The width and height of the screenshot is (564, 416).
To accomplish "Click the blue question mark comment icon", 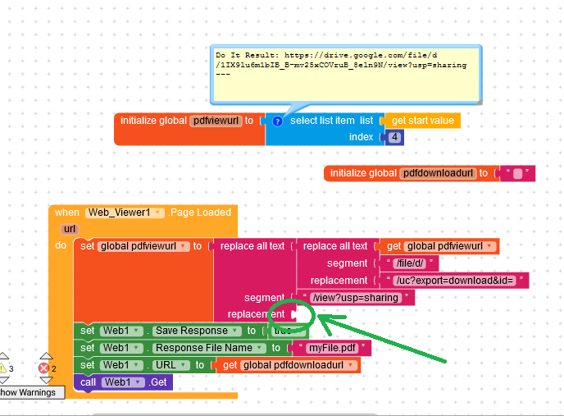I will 277,121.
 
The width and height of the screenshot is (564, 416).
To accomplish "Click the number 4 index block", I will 395,137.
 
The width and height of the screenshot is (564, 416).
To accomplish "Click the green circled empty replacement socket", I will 296,314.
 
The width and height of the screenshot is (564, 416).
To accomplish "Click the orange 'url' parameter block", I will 69,229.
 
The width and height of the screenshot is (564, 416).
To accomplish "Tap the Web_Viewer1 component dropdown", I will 124,212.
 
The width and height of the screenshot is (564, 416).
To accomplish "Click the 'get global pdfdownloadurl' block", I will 289,365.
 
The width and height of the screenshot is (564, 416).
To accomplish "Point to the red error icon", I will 46,368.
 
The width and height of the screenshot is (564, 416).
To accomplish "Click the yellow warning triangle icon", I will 4,368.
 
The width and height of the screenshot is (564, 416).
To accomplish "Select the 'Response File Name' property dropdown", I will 200,348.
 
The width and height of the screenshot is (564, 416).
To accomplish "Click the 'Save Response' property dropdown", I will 194,331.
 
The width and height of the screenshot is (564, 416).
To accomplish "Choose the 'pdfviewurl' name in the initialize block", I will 215,121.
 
